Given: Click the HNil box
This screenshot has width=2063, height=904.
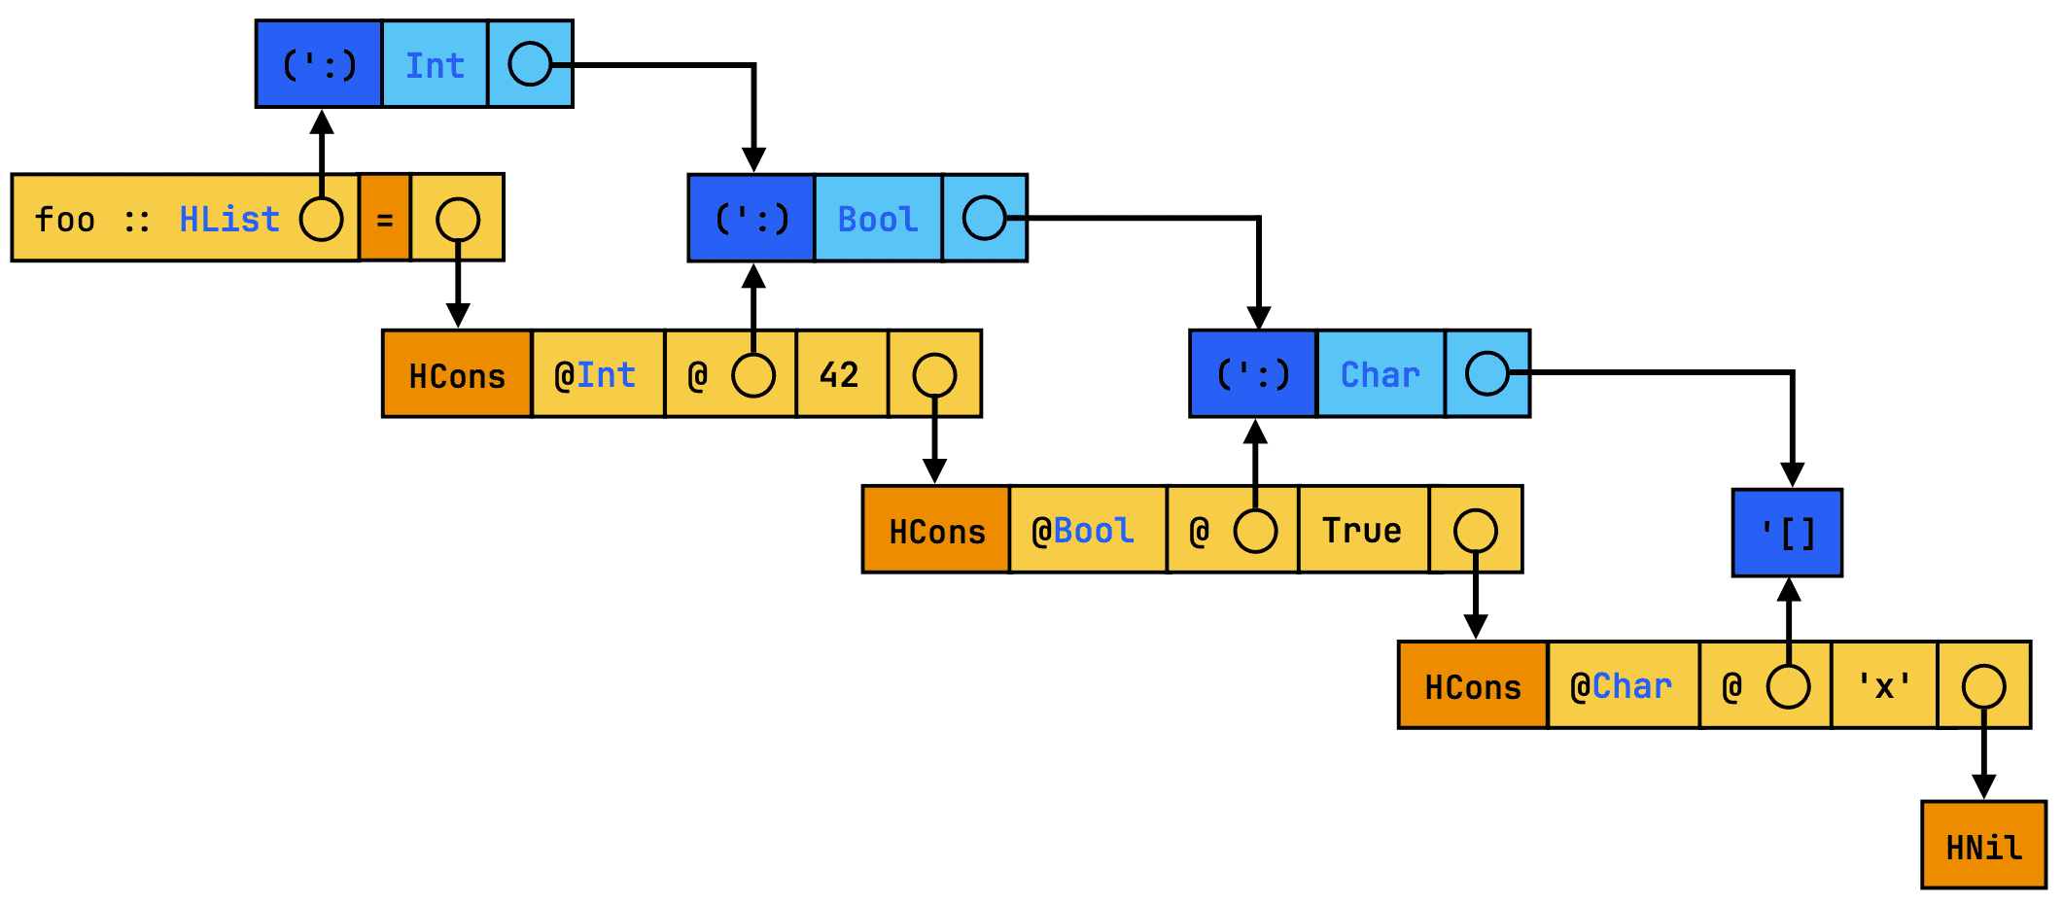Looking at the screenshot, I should [1983, 845].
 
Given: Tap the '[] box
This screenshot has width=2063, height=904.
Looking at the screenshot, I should [1787, 533].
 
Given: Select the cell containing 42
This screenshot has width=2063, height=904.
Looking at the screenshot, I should [841, 374].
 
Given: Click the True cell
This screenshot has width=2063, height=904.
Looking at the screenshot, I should [1362, 530].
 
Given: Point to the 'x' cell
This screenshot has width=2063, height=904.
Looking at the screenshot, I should [1883, 685].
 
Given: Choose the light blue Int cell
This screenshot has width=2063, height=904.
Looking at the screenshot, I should [435, 64].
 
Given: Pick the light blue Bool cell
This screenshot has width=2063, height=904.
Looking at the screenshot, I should [877, 219].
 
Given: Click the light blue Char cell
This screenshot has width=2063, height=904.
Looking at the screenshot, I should [1380, 374].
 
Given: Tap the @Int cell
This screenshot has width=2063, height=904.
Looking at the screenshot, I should [597, 374].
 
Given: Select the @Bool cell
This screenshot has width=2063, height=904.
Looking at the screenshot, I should [1086, 530].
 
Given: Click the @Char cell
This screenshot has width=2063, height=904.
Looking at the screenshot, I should [1622, 685].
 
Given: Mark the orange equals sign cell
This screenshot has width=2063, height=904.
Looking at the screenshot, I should [385, 219].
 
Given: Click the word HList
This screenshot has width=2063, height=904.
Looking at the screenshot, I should [229, 219].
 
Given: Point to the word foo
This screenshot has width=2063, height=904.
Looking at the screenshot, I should [65, 219].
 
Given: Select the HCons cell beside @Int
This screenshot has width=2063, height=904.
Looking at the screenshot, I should [457, 374].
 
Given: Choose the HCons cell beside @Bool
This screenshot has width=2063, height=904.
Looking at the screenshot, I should [936, 530].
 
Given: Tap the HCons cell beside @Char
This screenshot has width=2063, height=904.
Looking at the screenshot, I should [1472, 685].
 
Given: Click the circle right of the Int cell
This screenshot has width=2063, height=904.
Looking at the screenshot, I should [530, 64].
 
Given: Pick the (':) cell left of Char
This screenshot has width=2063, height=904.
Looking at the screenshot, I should [1253, 374].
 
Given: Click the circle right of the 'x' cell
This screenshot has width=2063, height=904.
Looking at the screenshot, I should [1983, 686].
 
